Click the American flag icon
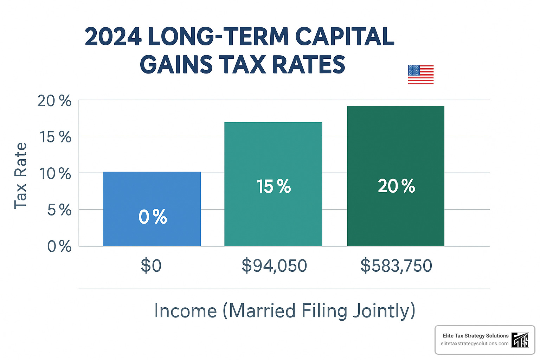tap(420, 75)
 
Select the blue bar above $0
tap(152, 193)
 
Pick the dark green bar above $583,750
tap(396, 148)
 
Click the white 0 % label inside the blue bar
tap(153, 217)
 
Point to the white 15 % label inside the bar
tap(274, 186)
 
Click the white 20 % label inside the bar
tap(396, 186)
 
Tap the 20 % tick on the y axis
tap(54, 101)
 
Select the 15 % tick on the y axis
tap(56, 137)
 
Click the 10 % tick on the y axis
tap(55, 174)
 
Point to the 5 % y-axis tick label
tap(59, 210)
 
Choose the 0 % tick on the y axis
tap(59, 246)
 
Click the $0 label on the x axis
tap(151, 265)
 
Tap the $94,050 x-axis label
tap(274, 265)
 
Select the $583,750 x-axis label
tap(396, 265)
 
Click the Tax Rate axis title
tap(20, 176)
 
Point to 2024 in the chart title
tap(113, 37)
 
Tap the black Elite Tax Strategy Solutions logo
tap(520, 340)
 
